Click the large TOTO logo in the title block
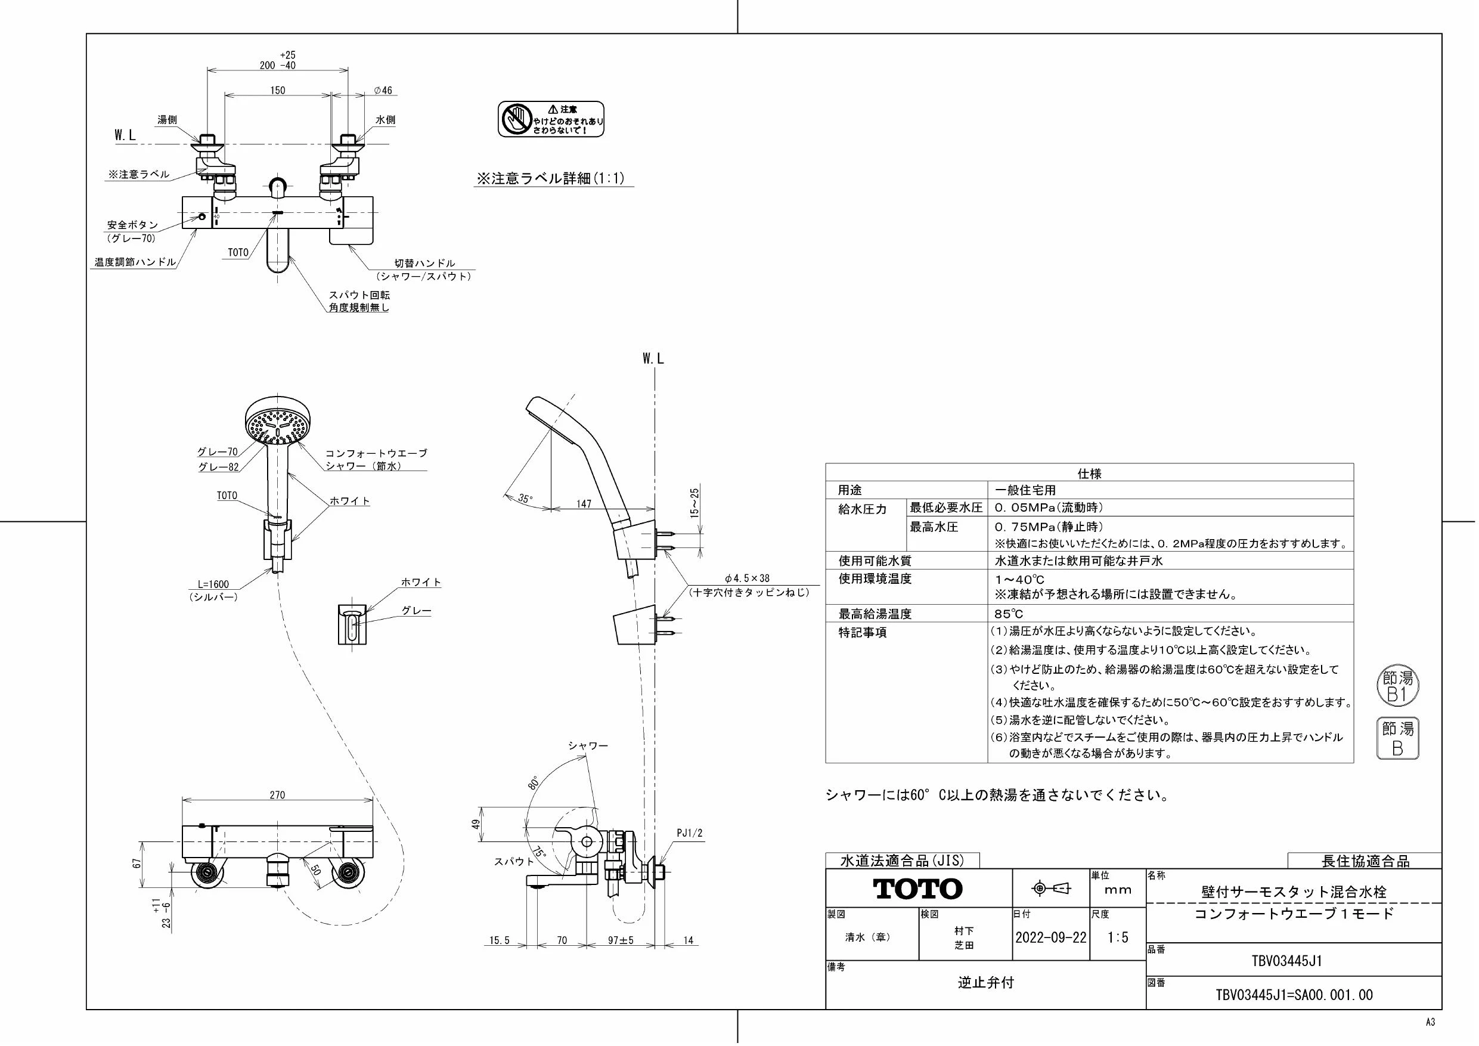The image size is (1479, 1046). tap(917, 889)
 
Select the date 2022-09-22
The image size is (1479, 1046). tap(1050, 937)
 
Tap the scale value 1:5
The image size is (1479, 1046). tap(1118, 937)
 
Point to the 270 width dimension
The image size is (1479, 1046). tap(277, 796)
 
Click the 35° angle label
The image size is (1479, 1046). tap(526, 498)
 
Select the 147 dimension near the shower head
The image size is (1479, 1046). tap(584, 504)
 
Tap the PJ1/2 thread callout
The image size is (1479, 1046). tap(689, 833)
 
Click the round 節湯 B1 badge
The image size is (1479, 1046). tap(1398, 686)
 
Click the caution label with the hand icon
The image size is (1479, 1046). tap(551, 119)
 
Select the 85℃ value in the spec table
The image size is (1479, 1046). tap(1009, 614)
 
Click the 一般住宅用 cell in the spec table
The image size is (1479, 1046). tap(1025, 490)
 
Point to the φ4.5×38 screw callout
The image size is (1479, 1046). tap(746, 578)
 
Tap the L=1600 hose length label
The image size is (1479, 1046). tap(213, 584)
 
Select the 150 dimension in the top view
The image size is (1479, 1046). tap(277, 90)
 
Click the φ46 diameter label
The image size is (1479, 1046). tap(383, 90)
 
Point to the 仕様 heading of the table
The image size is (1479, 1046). tap(1089, 474)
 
